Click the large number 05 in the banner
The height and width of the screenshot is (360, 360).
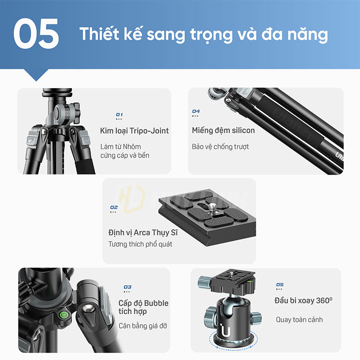pyautogui.click(x=36, y=33)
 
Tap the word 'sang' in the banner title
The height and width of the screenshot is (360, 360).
pyautogui.click(x=166, y=35)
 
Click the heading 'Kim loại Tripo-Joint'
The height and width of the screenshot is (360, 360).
pyautogui.click(x=134, y=131)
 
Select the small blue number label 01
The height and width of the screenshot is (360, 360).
pyautogui.click(x=119, y=114)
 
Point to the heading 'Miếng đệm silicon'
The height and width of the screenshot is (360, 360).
pyautogui.click(x=223, y=130)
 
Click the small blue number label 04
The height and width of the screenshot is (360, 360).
pyautogui.click(x=196, y=111)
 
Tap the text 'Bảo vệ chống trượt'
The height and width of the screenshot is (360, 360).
pyautogui.click(x=220, y=147)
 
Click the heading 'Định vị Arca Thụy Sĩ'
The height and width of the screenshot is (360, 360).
pyautogui.click(x=143, y=233)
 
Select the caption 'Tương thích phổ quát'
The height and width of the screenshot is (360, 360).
pyautogui.click(x=140, y=244)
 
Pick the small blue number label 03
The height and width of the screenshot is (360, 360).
pyautogui.click(x=127, y=287)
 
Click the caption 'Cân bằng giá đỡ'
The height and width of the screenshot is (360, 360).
pyautogui.click(x=143, y=326)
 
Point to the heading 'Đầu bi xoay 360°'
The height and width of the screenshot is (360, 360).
pyautogui.click(x=303, y=301)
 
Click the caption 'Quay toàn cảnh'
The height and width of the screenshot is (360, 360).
pyautogui.click(x=299, y=319)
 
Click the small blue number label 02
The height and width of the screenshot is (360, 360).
pyautogui.click(x=114, y=207)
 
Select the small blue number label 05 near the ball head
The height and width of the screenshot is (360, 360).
pyautogui.click(x=280, y=285)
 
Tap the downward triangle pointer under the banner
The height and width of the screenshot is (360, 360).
pyautogui.click(x=36, y=74)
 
